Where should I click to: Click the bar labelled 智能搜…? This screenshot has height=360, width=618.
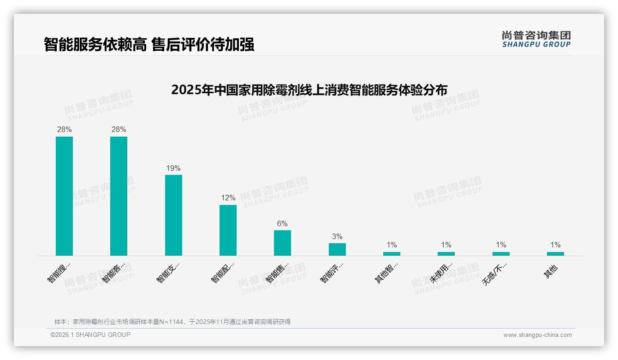click(x=64, y=196)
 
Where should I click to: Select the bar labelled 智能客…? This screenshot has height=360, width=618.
click(x=119, y=196)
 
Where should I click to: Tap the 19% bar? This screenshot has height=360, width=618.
click(x=173, y=215)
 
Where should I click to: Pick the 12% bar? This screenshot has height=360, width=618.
click(x=228, y=230)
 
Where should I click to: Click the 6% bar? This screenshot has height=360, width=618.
click(x=282, y=243)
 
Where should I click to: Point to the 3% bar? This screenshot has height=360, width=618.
click(x=337, y=249)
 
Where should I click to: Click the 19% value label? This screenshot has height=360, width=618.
click(x=173, y=168)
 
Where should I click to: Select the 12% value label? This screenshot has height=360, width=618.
click(x=228, y=198)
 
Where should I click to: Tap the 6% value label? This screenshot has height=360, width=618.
click(x=282, y=224)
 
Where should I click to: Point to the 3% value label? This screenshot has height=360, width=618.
click(x=337, y=237)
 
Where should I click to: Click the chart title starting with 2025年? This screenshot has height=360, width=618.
click(x=309, y=90)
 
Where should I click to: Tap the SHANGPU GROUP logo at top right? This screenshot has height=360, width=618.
click(x=536, y=39)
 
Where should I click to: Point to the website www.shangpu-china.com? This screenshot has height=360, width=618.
click(x=537, y=335)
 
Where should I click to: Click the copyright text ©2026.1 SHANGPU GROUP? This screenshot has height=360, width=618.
click(x=90, y=335)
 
